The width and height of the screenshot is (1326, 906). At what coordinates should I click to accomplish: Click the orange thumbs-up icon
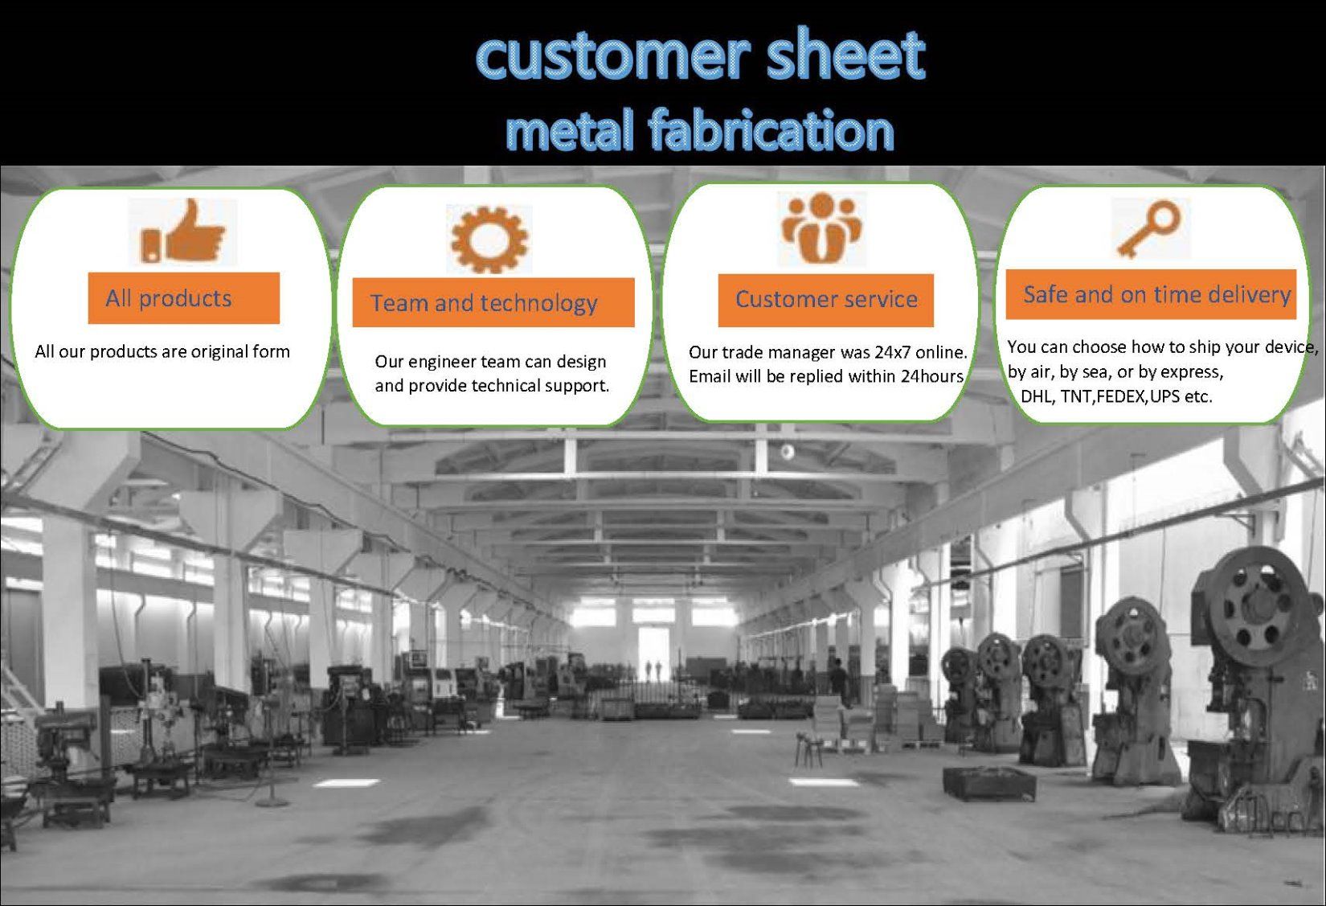click(183, 232)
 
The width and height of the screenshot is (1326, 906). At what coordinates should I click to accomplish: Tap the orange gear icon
click(489, 240)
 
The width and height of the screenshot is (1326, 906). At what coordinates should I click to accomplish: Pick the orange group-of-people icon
click(821, 228)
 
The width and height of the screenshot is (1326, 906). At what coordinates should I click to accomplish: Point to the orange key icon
click(1149, 228)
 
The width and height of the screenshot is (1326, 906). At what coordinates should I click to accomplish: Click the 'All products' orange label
click(183, 298)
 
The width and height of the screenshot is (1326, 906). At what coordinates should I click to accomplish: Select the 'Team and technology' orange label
click(493, 302)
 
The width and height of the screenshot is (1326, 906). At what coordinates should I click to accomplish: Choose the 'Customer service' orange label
click(826, 300)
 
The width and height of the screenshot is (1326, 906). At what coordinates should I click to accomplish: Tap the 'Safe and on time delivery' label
click(1151, 294)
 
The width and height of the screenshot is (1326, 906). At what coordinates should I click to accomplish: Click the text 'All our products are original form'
click(162, 352)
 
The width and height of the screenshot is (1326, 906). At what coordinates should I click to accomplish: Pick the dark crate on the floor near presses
click(988, 782)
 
